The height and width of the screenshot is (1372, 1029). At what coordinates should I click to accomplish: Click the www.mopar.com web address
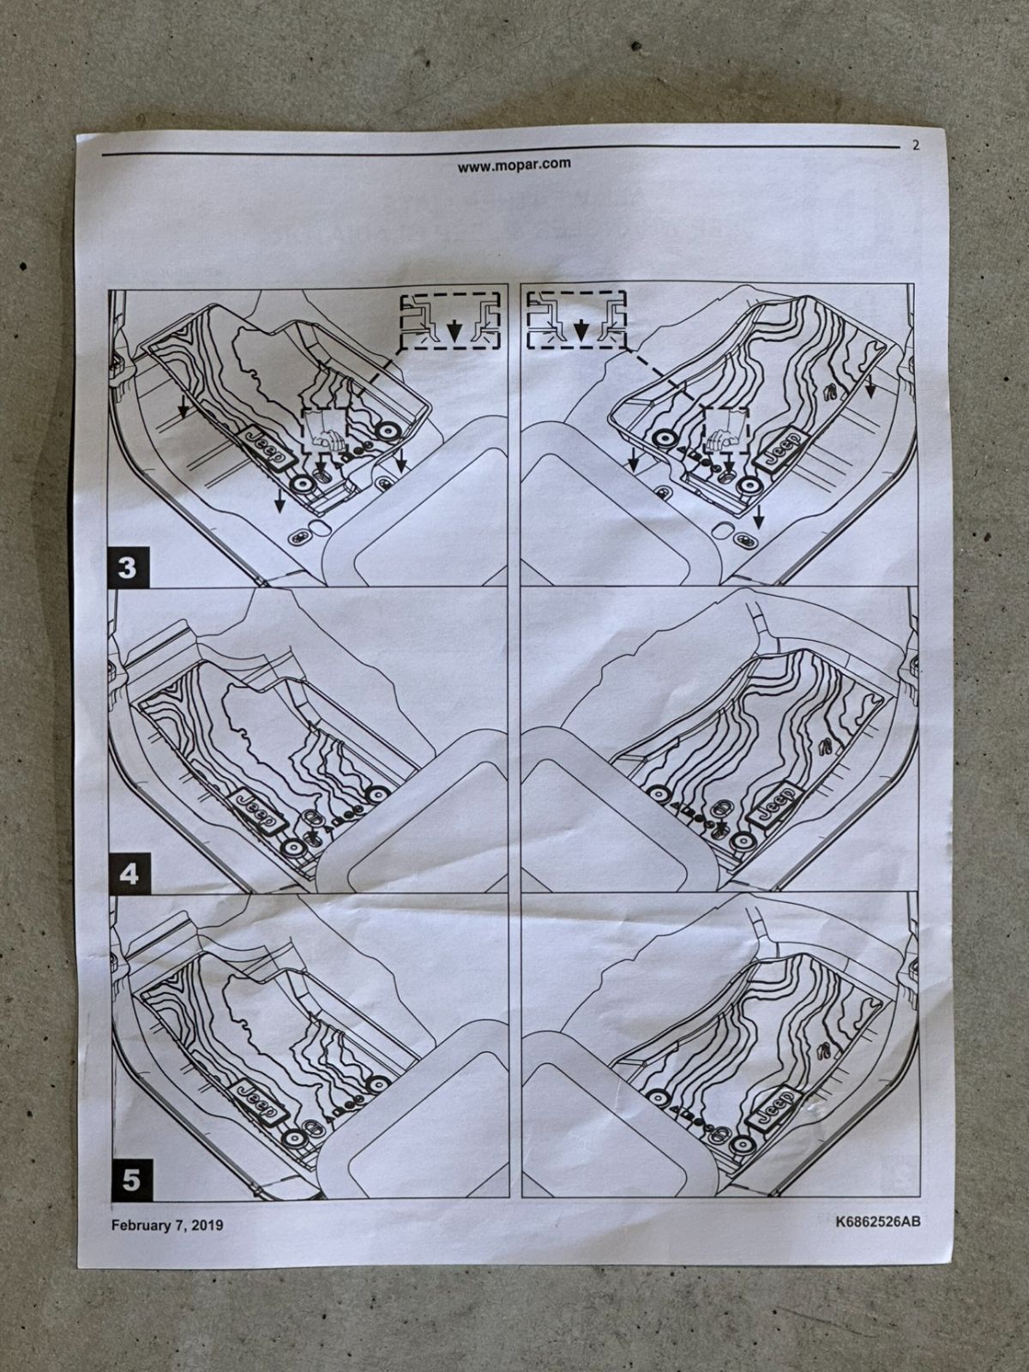514,165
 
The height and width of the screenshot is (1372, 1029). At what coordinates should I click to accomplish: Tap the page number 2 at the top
916,145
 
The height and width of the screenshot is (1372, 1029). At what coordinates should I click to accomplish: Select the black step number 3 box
128,568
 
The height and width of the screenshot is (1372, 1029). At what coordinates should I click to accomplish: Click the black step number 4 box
129,873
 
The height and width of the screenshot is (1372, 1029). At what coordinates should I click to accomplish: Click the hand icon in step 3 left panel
325,432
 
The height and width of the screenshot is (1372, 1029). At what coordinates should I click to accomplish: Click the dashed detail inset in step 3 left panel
450,320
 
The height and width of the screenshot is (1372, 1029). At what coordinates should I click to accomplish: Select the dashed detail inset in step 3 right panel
576,319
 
